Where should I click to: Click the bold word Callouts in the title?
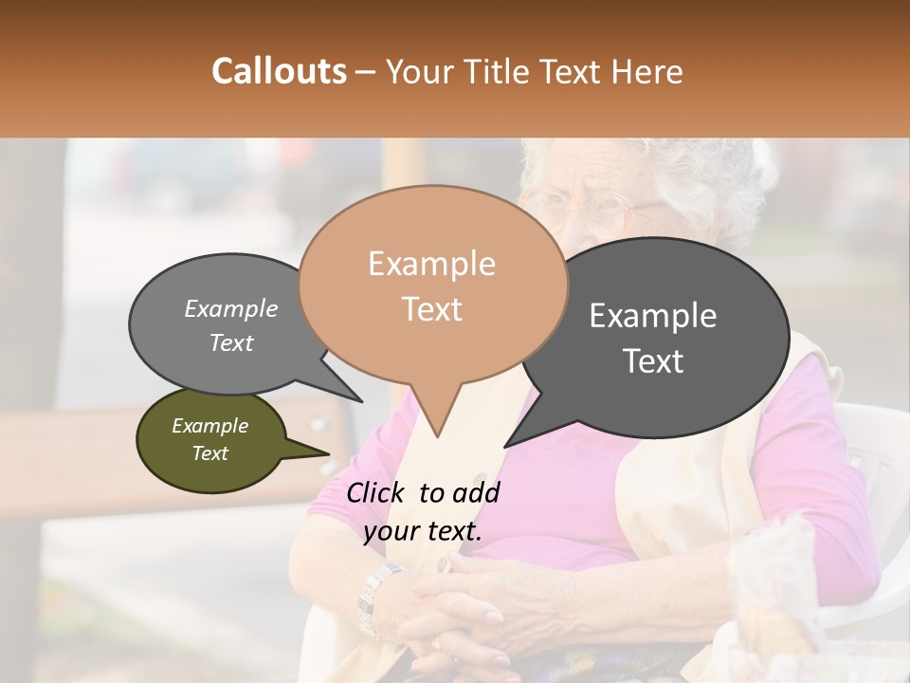tap(279, 71)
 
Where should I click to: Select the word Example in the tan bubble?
tap(431, 264)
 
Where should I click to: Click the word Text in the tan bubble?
tap(431, 309)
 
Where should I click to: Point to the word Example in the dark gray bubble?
tap(653, 316)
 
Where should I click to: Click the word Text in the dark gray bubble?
tap(653, 361)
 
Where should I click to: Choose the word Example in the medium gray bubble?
tap(231, 309)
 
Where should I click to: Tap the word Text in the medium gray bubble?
tap(231, 343)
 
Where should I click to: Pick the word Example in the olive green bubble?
tap(209, 426)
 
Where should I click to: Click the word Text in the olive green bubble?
tap(209, 453)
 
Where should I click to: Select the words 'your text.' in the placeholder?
tap(422, 532)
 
